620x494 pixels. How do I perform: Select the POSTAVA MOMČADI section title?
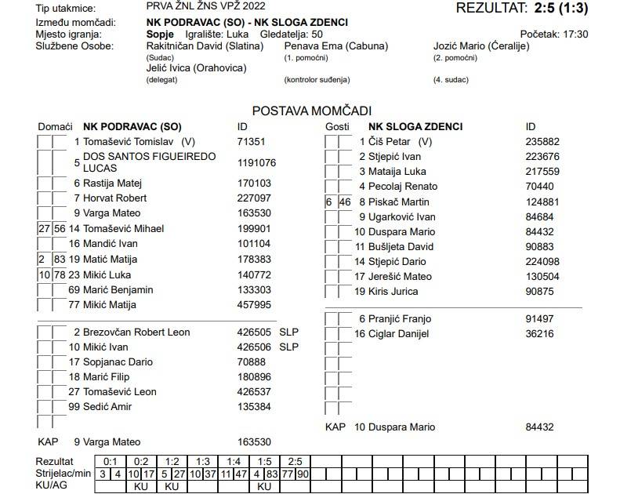[x=311, y=111]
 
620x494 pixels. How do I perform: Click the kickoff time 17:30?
[x=575, y=35]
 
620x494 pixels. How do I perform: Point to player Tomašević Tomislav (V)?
[x=139, y=142]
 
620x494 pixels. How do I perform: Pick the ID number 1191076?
[x=256, y=163]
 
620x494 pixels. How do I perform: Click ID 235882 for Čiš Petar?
[x=542, y=142]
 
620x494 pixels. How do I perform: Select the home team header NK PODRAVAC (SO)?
[x=132, y=126]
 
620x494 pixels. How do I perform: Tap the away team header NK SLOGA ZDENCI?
[x=415, y=126]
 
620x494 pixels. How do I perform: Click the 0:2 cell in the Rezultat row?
[x=140, y=462]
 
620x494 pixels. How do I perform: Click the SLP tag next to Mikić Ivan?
[x=289, y=347]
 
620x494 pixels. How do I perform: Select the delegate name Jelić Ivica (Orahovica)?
[x=196, y=68]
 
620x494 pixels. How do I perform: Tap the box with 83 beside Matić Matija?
[x=60, y=260]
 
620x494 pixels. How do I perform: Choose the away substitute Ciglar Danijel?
[x=400, y=334]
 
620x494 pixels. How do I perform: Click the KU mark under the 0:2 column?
[x=141, y=486]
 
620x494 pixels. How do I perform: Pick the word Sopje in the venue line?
[x=160, y=35]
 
